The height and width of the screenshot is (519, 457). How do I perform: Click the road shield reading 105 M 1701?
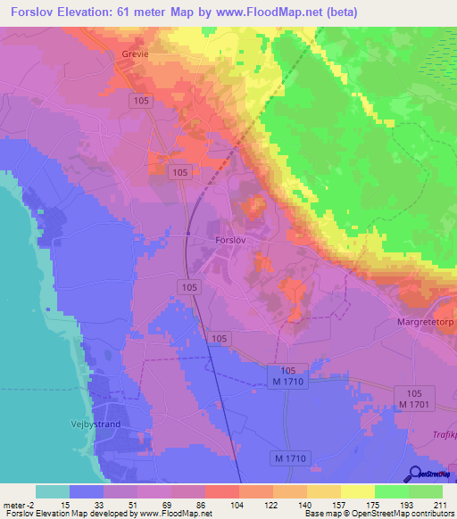[413, 399]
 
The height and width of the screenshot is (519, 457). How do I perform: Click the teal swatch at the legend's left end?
[53, 491]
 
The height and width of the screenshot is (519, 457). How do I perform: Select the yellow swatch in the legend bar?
[357, 491]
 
